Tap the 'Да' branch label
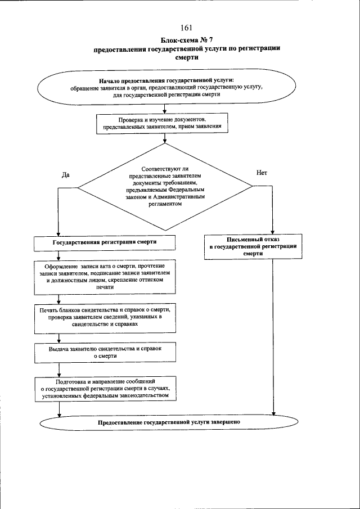click(65, 175)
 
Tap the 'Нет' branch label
click(262, 173)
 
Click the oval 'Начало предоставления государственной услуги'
click(165, 87)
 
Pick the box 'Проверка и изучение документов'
click(163, 124)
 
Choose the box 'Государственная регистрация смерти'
click(104, 242)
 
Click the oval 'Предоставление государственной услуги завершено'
click(169, 422)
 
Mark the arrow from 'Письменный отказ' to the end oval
click(273, 337)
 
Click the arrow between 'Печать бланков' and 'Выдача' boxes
click(58, 338)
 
